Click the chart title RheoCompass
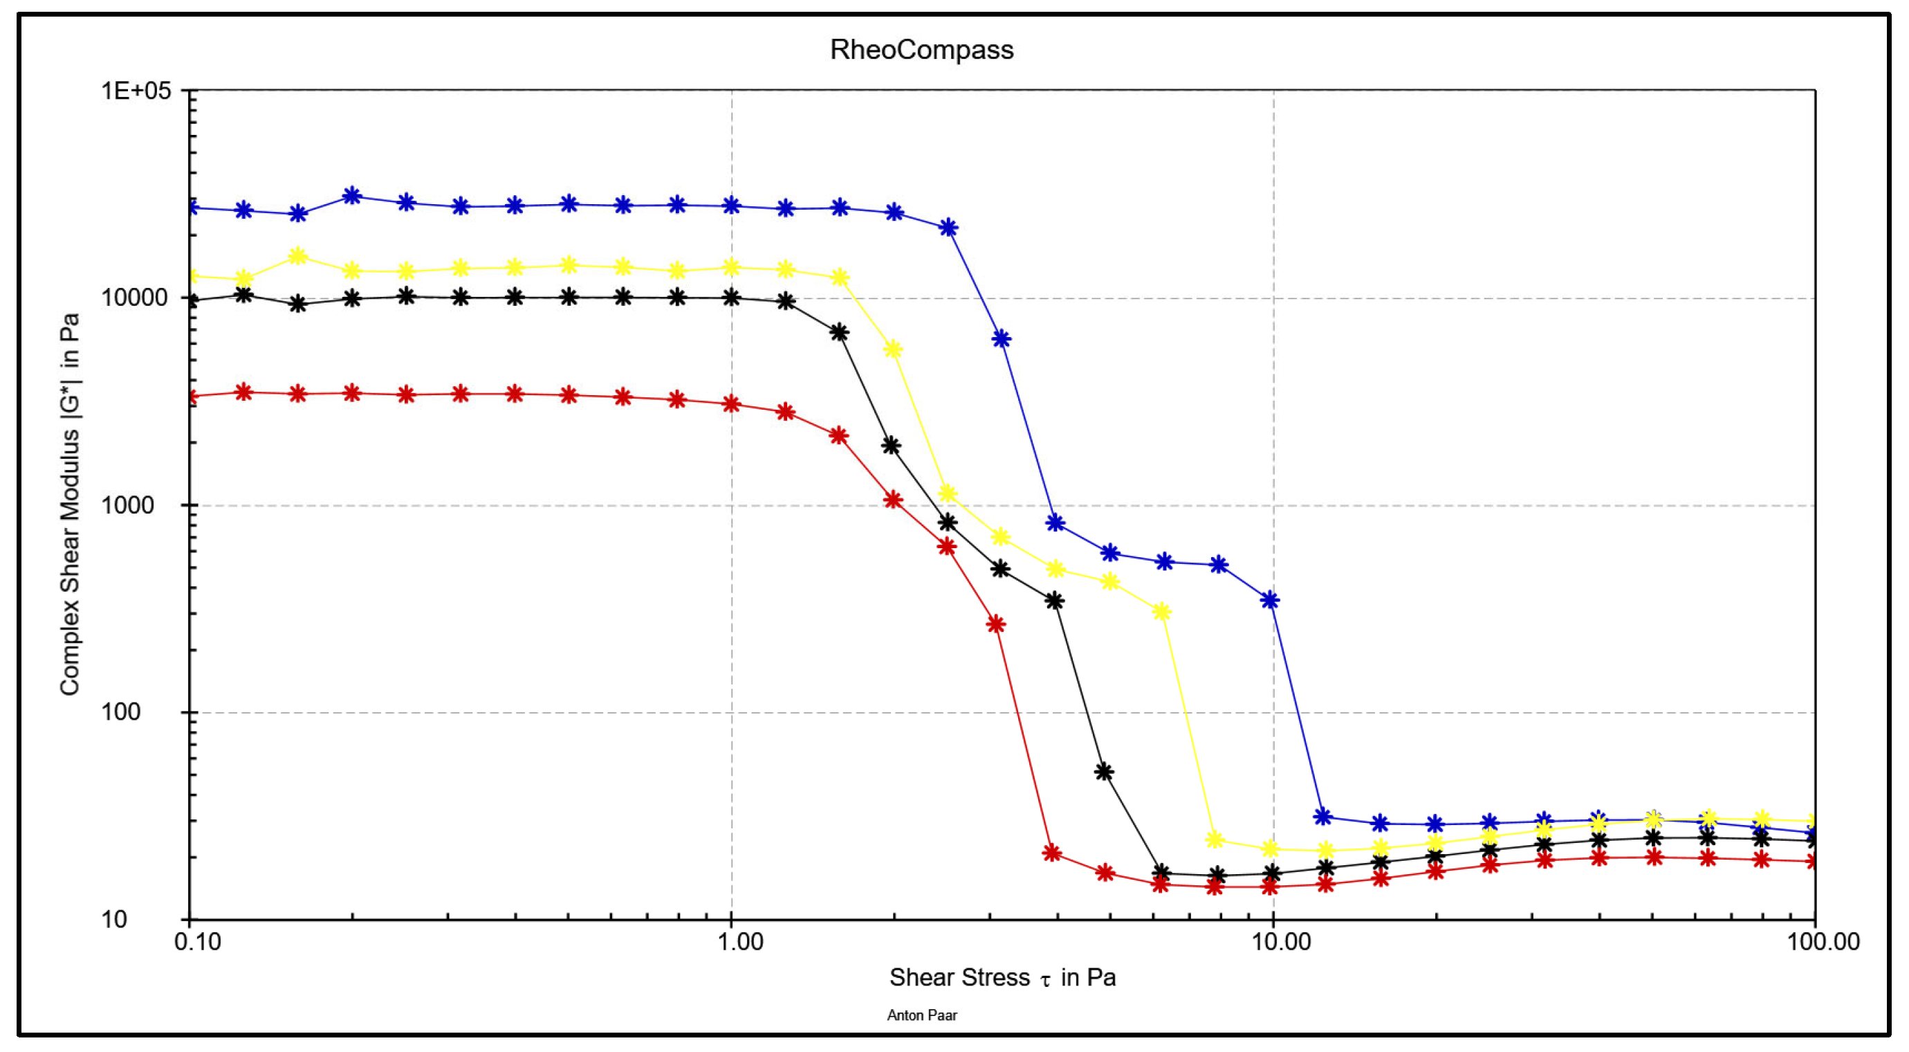point(921,50)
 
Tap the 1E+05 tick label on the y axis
point(136,91)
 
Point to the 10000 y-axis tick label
point(135,298)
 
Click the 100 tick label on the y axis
point(120,711)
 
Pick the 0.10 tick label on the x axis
point(197,941)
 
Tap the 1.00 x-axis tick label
point(739,941)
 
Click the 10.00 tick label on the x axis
point(1281,941)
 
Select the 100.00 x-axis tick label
point(1823,941)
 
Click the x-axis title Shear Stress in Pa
point(1002,978)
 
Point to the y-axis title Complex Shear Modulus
point(70,504)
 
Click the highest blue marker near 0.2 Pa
point(352,196)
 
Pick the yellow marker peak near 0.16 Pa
point(297,257)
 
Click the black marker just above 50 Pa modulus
point(1103,772)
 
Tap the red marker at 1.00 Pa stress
point(732,404)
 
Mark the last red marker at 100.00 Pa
point(1814,862)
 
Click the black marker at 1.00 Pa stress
point(732,298)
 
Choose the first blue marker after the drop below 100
point(1322,817)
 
